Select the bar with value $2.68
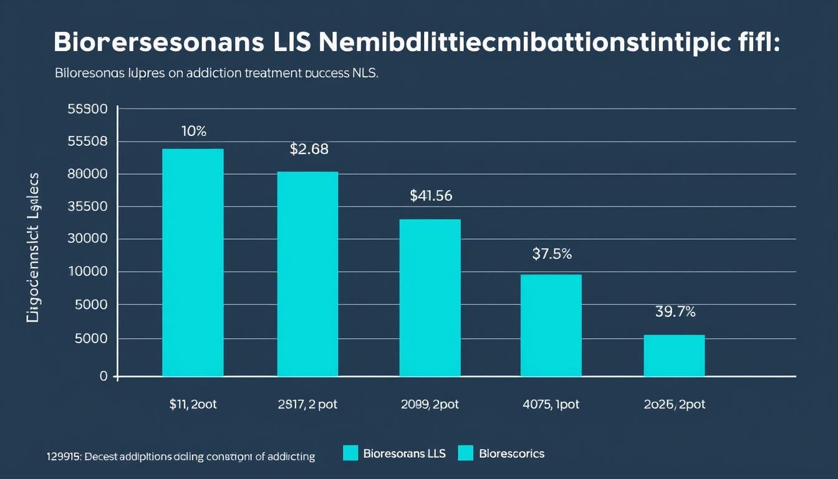click(307, 274)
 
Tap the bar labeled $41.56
click(430, 298)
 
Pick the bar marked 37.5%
click(551, 325)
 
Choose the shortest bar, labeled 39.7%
click(674, 356)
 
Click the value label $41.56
click(431, 196)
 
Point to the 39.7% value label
click(675, 312)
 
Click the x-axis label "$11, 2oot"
click(193, 404)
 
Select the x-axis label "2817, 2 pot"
click(307, 404)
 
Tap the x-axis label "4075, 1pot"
click(551, 404)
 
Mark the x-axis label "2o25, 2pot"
click(675, 404)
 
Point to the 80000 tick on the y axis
click(87, 174)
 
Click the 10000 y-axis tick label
click(87, 272)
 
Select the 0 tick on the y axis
click(104, 376)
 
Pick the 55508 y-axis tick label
click(87, 142)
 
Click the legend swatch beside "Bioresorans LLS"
click(351, 453)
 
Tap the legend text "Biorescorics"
click(512, 453)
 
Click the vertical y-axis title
click(33, 247)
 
